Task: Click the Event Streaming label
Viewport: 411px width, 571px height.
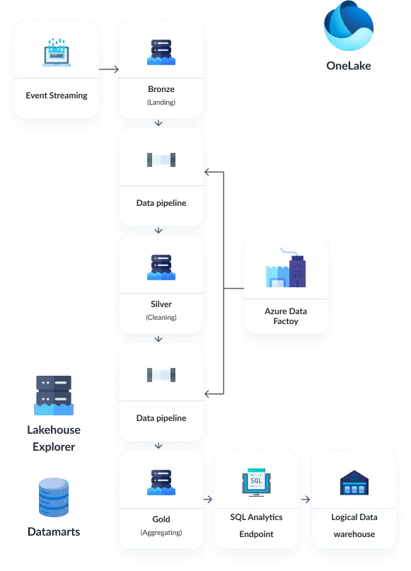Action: click(x=57, y=96)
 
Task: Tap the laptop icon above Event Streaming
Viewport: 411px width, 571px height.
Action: click(x=57, y=53)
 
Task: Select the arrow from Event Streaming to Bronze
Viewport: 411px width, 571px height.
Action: click(x=109, y=70)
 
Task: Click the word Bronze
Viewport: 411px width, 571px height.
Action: click(x=161, y=90)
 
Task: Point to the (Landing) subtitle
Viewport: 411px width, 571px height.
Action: click(x=161, y=102)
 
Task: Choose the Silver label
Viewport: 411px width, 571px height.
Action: click(x=161, y=304)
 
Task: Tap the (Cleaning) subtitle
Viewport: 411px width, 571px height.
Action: click(x=161, y=317)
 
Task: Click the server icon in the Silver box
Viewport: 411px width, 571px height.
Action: click(x=161, y=267)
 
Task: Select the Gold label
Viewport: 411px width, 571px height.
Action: click(x=161, y=519)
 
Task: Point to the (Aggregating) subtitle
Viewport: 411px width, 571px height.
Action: click(x=161, y=532)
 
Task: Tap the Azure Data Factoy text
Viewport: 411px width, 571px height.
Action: click(x=286, y=316)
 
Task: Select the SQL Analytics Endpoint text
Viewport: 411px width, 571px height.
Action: click(x=255, y=526)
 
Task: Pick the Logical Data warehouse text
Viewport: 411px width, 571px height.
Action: click(x=354, y=526)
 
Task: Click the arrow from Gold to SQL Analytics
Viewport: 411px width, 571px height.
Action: click(x=208, y=500)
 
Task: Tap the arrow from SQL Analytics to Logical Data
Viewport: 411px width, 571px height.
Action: click(x=305, y=500)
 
